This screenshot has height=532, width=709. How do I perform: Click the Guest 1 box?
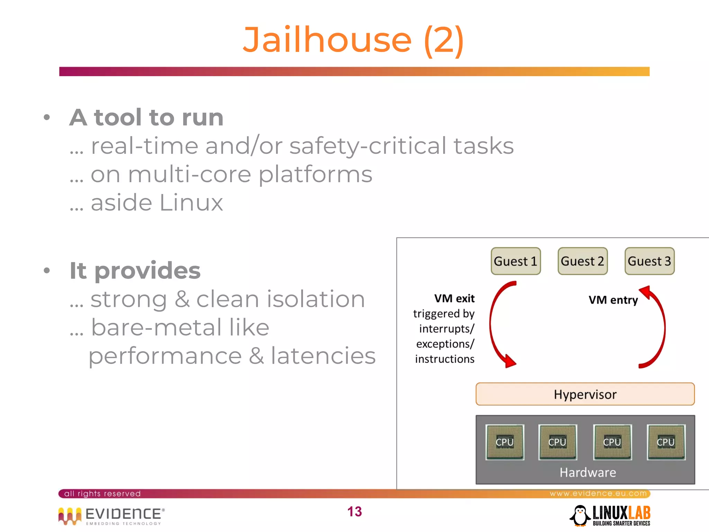[515, 261]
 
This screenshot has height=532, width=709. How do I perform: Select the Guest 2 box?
[582, 261]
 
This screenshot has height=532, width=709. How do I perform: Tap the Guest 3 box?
[649, 261]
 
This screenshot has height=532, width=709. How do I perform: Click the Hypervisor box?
[585, 394]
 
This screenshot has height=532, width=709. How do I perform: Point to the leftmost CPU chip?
[505, 442]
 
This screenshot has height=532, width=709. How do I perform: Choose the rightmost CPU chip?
[666, 442]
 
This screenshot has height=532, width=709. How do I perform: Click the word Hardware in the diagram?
[588, 472]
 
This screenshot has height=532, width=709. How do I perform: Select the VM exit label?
[454, 299]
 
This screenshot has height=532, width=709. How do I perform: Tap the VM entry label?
[613, 300]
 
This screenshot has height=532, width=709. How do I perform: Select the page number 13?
[354, 512]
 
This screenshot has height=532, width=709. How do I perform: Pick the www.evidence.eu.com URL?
[598, 493]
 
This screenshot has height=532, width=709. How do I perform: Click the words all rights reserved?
[102, 494]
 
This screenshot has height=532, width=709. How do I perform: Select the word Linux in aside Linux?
[191, 203]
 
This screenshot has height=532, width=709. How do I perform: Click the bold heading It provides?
[135, 271]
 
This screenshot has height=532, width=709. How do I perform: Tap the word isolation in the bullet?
[315, 299]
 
